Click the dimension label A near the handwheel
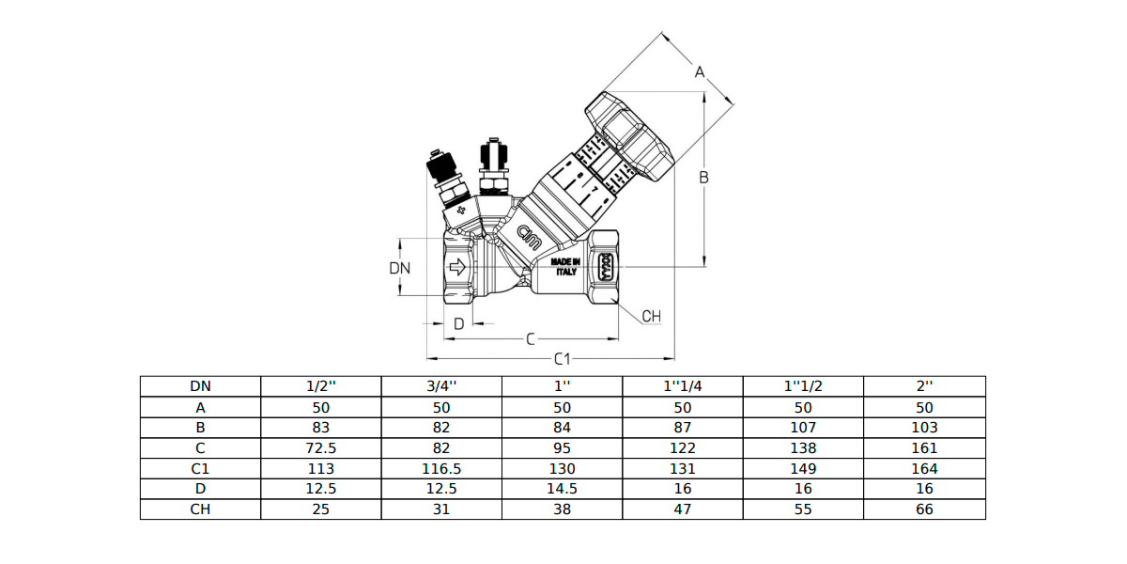(x=700, y=72)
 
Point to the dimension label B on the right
(x=703, y=178)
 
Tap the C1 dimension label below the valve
(x=562, y=359)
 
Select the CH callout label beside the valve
(x=652, y=316)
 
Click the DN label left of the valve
(x=400, y=268)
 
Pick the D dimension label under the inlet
(x=459, y=323)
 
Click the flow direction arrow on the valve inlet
(x=457, y=267)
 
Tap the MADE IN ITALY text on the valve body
(x=565, y=267)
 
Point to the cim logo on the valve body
(x=530, y=237)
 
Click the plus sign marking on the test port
(x=461, y=210)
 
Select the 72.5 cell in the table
(x=321, y=448)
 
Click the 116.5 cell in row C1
(x=441, y=469)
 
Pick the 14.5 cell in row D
(x=562, y=489)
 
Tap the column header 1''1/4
(x=682, y=386)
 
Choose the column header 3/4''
(x=441, y=386)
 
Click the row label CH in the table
(x=200, y=509)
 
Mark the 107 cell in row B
(x=803, y=428)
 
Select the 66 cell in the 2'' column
(x=924, y=509)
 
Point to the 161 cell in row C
(x=924, y=448)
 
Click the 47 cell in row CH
(x=682, y=509)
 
